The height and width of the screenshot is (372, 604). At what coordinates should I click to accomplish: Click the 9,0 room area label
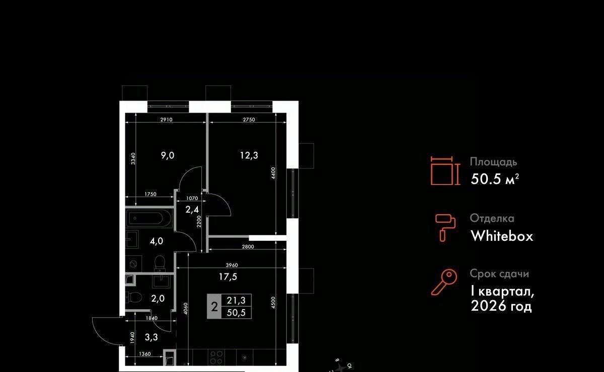(x=168, y=155)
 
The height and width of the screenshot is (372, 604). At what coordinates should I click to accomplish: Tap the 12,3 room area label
(x=249, y=155)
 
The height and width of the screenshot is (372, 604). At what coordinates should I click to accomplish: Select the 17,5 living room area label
(x=228, y=276)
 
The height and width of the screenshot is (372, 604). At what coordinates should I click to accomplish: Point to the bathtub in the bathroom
(x=149, y=219)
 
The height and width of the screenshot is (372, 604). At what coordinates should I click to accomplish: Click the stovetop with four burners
(x=216, y=358)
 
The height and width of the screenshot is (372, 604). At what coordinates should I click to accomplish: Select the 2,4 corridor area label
(x=191, y=210)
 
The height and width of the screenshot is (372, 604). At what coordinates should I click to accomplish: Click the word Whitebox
(x=501, y=236)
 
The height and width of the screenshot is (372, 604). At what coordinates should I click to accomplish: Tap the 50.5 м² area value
(x=494, y=179)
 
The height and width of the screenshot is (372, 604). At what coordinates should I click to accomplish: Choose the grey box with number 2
(x=214, y=307)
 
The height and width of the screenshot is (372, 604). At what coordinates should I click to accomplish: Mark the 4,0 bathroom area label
(x=157, y=241)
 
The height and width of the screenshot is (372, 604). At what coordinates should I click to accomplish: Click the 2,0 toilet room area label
(x=158, y=298)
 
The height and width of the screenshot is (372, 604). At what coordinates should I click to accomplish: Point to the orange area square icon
(x=445, y=170)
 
